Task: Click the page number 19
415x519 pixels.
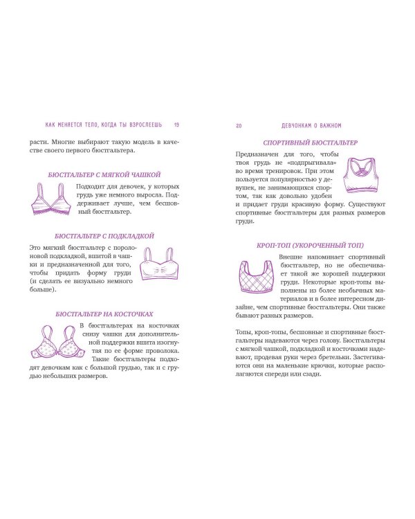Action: [x=176, y=125]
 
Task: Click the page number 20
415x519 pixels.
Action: [x=239, y=126]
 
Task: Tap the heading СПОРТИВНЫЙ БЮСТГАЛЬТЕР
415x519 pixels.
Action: [x=310, y=143]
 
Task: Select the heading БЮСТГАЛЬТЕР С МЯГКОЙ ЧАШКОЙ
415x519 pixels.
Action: [x=104, y=175]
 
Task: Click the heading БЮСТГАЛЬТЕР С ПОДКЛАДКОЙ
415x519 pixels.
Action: [x=104, y=236]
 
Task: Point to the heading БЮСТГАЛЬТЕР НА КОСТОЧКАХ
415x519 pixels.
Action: [x=104, y=313]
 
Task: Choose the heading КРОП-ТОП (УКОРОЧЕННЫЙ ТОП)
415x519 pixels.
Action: [x=310, y=245]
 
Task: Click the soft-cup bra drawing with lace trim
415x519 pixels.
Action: [x=51, y=199]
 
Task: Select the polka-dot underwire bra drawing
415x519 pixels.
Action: [x=57, y=342]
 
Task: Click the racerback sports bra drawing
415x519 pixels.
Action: [x=360, y=175]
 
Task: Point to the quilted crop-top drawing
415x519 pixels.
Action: [x=256, y=277]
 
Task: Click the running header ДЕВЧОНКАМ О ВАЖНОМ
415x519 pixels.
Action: [x=311, y=126]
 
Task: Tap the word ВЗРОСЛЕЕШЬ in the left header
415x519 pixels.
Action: [x=146, y=125]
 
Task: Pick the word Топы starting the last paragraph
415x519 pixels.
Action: [x=243, y=332]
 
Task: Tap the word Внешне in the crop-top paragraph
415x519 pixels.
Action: [x=290, y=257]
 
